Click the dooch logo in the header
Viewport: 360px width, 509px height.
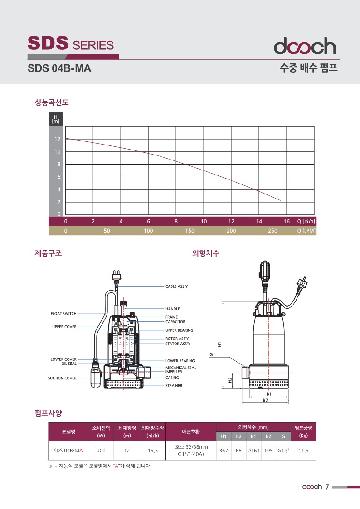[x=305, y=46]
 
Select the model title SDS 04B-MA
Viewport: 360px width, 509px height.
[x=59, y=68]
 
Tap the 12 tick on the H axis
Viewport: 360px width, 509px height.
[x=58, y=139]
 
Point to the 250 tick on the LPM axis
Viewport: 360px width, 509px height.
[x=272, y=231]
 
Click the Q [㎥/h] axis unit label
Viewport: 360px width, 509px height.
[x=306, y=221]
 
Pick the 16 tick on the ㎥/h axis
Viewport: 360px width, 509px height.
[x=287, y=221]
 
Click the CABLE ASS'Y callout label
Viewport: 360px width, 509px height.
[x=176, y=286]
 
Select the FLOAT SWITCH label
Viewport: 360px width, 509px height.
[x=63, y=313]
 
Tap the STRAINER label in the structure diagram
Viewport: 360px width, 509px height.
[x=174, y=385]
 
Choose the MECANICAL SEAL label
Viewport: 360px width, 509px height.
[x=180, y=368]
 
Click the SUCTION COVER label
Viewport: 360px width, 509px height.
[x=62, y=378]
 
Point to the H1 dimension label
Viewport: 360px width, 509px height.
[x=220, y=344]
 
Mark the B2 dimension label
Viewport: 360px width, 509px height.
[x=266, y=400]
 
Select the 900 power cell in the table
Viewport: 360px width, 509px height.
[x=101, y=450]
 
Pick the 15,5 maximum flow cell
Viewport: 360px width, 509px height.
[x=153, y=450]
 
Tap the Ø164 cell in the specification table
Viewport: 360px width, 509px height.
[x=253, y=450]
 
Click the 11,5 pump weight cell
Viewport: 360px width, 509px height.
[x=303, y=450]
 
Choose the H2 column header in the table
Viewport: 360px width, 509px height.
[x=238, y=436]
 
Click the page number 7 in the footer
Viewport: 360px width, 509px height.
[x=327, y=487]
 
